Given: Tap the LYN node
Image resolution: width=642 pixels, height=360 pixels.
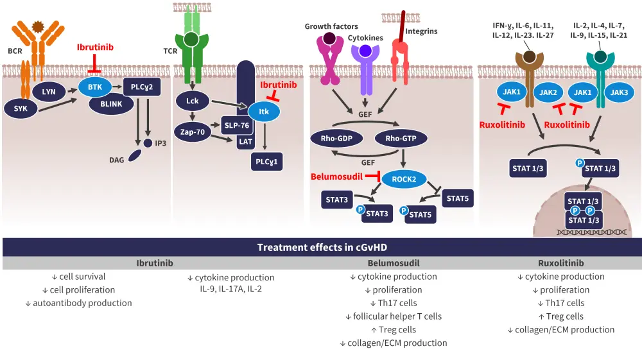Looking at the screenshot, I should pyautogui.click(x=49, y=92).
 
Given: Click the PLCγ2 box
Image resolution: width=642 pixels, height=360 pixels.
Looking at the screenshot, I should pyautogui.click(x=142, y=85).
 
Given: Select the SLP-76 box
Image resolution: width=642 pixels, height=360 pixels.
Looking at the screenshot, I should pyautogui.click(x=236, y=125).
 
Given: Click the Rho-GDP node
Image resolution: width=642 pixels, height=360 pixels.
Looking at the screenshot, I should pyautogui.click(x=336, y=138).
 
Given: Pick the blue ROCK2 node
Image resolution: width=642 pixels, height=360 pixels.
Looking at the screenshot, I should pyautogui.click(x=404, y=179).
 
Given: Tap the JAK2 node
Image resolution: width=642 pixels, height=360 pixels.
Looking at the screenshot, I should pyautogui.click(x=548, y=92).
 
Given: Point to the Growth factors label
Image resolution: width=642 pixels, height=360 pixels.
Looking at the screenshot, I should pyautogui.click(x=331, y=26).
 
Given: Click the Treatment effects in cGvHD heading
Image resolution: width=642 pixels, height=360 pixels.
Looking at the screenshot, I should pyautogui.click(x=322, y=247).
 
